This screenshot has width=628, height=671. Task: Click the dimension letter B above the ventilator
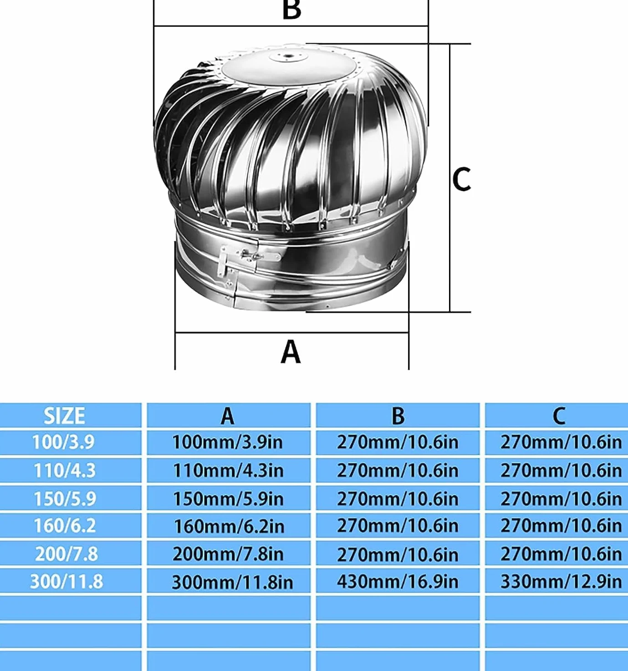pyautogui.click(x=291, y=10)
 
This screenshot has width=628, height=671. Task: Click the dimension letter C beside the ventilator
pyautogui.click(x=461, y=179)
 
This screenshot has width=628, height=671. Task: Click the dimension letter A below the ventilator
pyautogui.click(x=291, y=352)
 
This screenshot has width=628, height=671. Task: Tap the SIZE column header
pyautogui.click(x=64, y=416)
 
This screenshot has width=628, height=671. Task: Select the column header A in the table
pyautogui.click(x=227, y=416)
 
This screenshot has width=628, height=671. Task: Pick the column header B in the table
pyautogui.click(x=398, y=416)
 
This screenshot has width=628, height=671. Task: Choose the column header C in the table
pyautogui.click(x=559, y=416)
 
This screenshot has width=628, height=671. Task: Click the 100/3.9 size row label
pyautogui.click(x=63, y=442)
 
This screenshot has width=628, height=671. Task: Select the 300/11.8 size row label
pyautogui.click(x=66, y=581)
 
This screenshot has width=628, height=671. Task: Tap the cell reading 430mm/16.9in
pyautogui.click(x=398, y=581)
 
